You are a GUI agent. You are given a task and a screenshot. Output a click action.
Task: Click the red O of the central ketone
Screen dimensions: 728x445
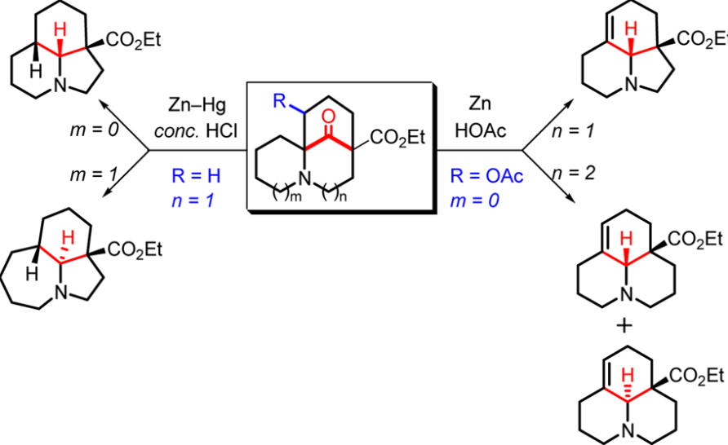328,117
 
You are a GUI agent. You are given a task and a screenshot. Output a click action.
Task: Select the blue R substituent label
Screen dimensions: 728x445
279,100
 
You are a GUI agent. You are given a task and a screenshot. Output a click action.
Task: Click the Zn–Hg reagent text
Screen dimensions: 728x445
197,105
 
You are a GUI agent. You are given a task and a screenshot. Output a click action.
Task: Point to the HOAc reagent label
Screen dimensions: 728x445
481,130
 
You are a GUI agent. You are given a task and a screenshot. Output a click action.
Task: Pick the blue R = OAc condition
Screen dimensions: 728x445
487,176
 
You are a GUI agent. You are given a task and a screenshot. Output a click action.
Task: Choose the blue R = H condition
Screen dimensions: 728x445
196,176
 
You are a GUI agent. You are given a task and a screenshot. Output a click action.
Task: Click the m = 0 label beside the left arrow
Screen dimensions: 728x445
95,130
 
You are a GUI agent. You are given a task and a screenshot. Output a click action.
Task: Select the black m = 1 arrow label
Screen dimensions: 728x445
94,174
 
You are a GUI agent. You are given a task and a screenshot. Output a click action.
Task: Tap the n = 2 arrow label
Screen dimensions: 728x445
574,173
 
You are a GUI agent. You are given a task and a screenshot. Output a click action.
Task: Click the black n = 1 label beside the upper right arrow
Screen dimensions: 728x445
573,132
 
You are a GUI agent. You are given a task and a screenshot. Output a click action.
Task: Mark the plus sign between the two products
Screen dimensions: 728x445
625,326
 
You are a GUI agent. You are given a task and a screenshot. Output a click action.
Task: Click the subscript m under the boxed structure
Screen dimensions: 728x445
296,197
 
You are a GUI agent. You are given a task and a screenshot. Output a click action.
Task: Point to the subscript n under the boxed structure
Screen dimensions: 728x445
343,197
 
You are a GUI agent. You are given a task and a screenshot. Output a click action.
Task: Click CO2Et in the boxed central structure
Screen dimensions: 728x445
397,137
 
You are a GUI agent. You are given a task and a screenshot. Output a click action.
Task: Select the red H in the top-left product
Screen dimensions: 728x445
60,31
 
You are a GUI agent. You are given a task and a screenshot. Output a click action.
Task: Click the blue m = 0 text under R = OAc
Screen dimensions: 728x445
474,200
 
